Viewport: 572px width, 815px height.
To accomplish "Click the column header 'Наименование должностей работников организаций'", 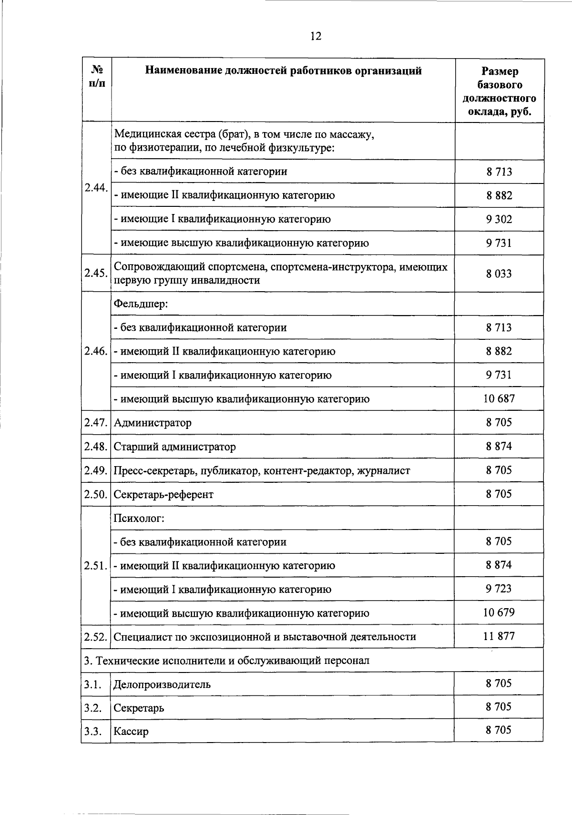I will pyautogui.click(x=283, y=71).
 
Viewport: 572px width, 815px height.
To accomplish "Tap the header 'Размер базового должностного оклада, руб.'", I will pyautogui.click(x=499, y=92).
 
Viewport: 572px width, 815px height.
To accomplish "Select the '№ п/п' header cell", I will pyautogui.click(x=97, y=76).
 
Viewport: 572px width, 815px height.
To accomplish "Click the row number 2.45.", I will pyautogui.click(x=96, y=273).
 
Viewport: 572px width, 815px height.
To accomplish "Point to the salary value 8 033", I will pyautogui.click(x=499, y=273).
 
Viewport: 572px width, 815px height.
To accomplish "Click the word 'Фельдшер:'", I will pyautogui.click(x=141, y=304).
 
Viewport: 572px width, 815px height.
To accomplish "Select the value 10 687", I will pyautogui.click(x=499, y=398).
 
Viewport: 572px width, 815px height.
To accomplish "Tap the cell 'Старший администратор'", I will pyautogui.click(x=174, y=447).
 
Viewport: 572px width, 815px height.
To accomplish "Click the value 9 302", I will pyautogui.click(x=499, y=219).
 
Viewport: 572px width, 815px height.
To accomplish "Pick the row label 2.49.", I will pyautogui.click(x=96, y=470).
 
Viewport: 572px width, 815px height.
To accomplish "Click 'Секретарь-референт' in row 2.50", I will pyautogui.click(x=163, y=494).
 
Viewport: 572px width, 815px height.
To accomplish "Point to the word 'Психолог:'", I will pyautogui.click(x=139, y=518).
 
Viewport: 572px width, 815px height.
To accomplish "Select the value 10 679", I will pyautogui.click(x=499, y=612).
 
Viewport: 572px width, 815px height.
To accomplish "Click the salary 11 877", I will pyautogui.click(x=499, y=636).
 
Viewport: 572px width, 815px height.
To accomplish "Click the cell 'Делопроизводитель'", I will pyautogui.click(x=162, y=684).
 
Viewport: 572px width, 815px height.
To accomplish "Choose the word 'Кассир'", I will pyautogui.click(x=131, y=731).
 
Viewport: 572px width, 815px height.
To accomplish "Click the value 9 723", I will pyautogui.click(x=499, y=589).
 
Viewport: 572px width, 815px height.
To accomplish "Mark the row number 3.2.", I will pyautogui.click(x=93, y=707).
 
